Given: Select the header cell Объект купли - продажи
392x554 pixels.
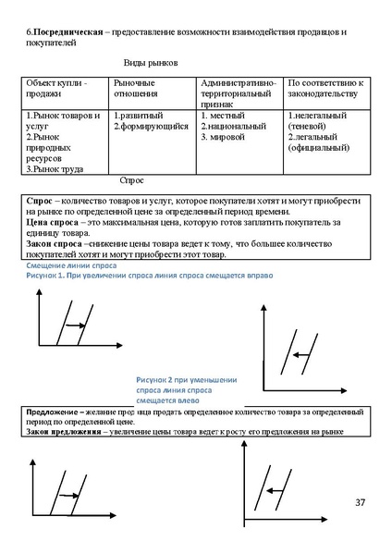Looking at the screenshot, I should click(56, 89).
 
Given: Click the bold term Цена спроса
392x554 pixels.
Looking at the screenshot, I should click(51, 223).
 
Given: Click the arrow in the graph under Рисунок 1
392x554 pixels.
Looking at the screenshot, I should click(76, 326).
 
